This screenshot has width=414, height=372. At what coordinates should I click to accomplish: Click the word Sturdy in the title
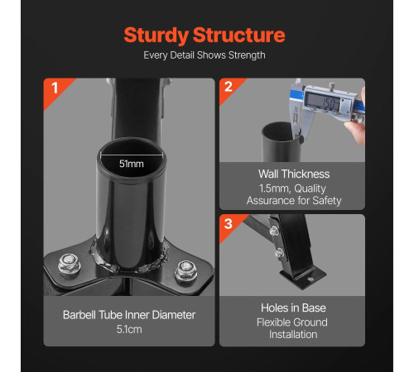click(156, 36)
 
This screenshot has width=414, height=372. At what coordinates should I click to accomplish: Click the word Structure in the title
click(239, 35)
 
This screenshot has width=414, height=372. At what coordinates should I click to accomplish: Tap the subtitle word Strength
click(247, 55)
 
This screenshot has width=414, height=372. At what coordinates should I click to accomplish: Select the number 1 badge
click(55, 88)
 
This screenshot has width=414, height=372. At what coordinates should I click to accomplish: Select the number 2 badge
click(229, 87)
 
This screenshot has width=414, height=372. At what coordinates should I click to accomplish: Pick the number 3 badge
click(229, 223)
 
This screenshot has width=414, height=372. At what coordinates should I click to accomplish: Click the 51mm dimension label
click(132, 164)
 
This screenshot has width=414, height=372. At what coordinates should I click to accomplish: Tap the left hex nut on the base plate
click(70, 265)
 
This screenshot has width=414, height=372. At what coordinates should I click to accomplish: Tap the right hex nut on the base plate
click(185, 271)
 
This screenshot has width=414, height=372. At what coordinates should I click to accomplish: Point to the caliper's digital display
click(322, 101)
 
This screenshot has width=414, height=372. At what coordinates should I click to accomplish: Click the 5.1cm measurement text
click(129, 329)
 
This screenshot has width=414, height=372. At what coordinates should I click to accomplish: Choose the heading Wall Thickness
click(294, 174)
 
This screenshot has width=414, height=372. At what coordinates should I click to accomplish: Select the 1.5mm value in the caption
click(274, 188)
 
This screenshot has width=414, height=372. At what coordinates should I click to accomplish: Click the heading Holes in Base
click(293, 308)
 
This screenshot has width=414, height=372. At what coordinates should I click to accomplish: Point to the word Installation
click(293, 335)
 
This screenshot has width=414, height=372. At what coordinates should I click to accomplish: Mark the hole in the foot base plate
click(310, 279)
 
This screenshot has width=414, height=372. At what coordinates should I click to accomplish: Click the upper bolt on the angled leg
click(274, 231)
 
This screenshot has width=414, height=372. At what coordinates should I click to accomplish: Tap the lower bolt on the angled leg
click(279, 252)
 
